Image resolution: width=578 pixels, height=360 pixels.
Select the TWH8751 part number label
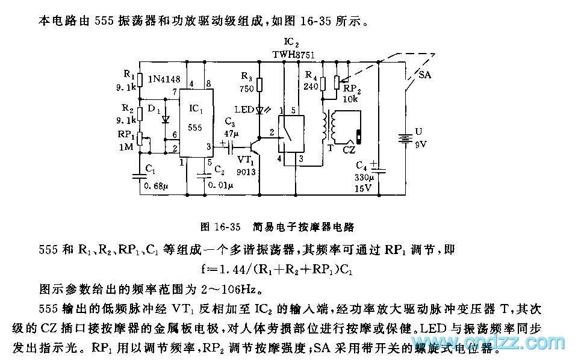pos(294,54)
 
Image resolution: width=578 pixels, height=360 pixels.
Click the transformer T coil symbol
pos(329,126)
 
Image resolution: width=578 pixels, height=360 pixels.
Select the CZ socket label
pos(350,149)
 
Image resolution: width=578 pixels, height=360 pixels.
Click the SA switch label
pos(424,76)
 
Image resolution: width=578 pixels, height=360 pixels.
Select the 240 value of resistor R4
pos(311,86)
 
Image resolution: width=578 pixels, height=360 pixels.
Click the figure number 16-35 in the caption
pos(226,227)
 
